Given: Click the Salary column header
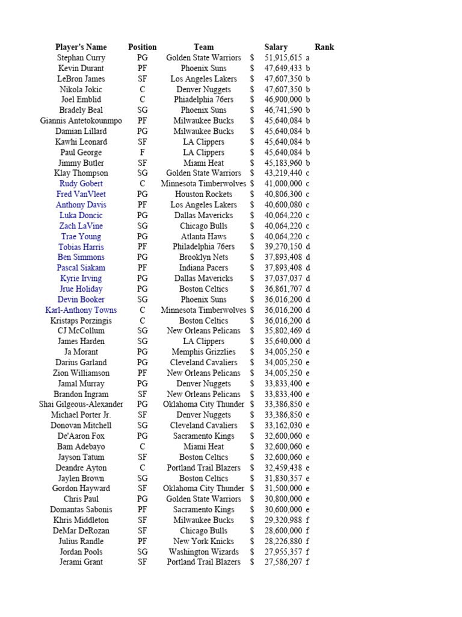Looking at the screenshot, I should point(276,47).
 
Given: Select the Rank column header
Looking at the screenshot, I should point(324,47).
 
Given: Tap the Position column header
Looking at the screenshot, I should point(142,47).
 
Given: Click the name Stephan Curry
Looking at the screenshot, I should point(81,58).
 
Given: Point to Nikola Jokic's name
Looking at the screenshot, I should point(81,89).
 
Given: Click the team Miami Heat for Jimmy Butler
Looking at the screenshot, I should point(203,163).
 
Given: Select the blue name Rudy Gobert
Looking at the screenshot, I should point(81,184).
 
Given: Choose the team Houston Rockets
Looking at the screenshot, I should point(203,194).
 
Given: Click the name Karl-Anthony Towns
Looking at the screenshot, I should point(81,310).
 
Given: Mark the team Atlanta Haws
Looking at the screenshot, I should point(203,236).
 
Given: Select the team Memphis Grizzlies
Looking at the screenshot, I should point(203,352).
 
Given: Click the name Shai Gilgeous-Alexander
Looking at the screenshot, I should point(81,404).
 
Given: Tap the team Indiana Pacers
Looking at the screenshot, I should point(203,268).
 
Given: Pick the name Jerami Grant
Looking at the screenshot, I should point(81,562).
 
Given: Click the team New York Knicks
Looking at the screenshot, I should point(203,541).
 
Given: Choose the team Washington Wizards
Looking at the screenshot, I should point(203,551).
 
